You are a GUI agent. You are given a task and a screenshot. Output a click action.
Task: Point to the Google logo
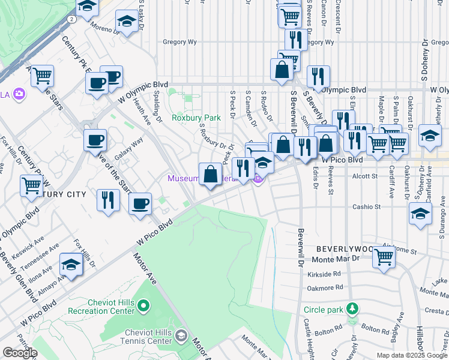20,353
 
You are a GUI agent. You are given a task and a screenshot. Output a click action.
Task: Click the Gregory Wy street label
180,42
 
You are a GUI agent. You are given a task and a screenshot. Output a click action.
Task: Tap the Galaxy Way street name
128,148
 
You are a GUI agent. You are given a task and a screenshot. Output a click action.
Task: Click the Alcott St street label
365,176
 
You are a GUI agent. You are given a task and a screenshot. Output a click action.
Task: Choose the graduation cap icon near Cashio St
420,213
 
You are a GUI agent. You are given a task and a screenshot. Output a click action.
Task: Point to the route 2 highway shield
71,19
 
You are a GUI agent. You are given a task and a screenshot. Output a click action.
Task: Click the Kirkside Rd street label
327,274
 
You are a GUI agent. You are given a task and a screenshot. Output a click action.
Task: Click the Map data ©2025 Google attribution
412,355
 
